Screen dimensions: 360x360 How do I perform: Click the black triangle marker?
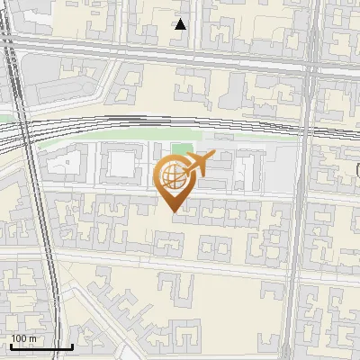tap(181, 24)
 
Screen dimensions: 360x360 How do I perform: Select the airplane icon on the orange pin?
tap(198, 165)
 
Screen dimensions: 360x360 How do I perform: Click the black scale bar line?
tap(41, 346)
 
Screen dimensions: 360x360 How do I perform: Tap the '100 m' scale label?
tap(24, 338)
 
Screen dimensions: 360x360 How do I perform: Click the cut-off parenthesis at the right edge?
tap(356, 169)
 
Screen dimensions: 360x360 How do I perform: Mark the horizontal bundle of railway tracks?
tap(135, 126)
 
